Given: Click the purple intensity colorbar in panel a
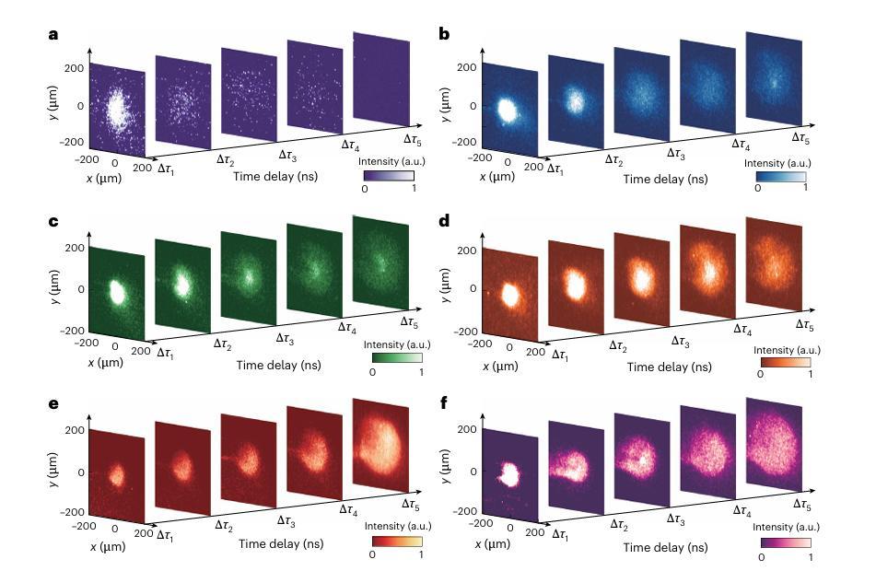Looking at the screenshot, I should (388, 174).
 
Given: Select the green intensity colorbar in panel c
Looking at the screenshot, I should (396, 357).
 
